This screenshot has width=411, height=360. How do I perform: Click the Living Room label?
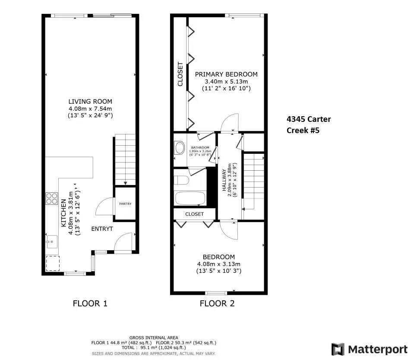(x=90, y=102)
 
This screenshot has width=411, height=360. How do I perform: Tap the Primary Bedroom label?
(x=226, y=74)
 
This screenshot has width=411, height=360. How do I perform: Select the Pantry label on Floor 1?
(x=125, y=204)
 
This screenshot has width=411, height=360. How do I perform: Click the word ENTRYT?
(x=102, y=229)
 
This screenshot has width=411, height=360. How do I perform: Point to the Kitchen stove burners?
(x=52, y=198)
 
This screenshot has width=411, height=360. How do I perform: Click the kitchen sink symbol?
(x=52, y=241)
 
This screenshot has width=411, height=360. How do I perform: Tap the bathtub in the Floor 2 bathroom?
(x=190, y=198)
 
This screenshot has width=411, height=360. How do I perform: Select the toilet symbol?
(x=181, y=180)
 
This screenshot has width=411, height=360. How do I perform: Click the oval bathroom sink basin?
(x=180, y=148)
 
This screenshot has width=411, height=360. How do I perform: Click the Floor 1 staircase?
(x=125, y=159)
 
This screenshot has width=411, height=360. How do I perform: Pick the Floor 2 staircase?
(x=253, y=182)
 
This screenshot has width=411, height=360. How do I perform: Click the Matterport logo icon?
(x=338, y=350)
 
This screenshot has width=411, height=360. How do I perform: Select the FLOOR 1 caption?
(x=90, y=303)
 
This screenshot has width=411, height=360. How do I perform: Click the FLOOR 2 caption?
(x=217, y=303)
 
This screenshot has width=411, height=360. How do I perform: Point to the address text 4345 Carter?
(x=309, y=119)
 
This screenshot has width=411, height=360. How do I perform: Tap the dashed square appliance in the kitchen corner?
(x=53, y=264)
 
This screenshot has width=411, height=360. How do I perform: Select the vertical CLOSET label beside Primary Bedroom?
(x=180, y=74)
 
